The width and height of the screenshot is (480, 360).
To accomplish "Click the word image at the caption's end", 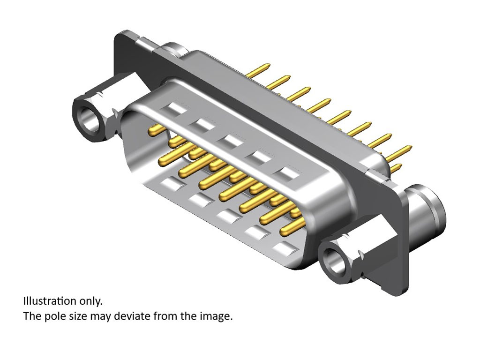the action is [x=217, y=316].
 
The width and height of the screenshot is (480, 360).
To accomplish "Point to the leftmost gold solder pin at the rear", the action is [x=258, y=70].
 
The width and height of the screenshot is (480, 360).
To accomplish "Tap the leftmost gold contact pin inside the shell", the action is [x=157, y=129].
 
